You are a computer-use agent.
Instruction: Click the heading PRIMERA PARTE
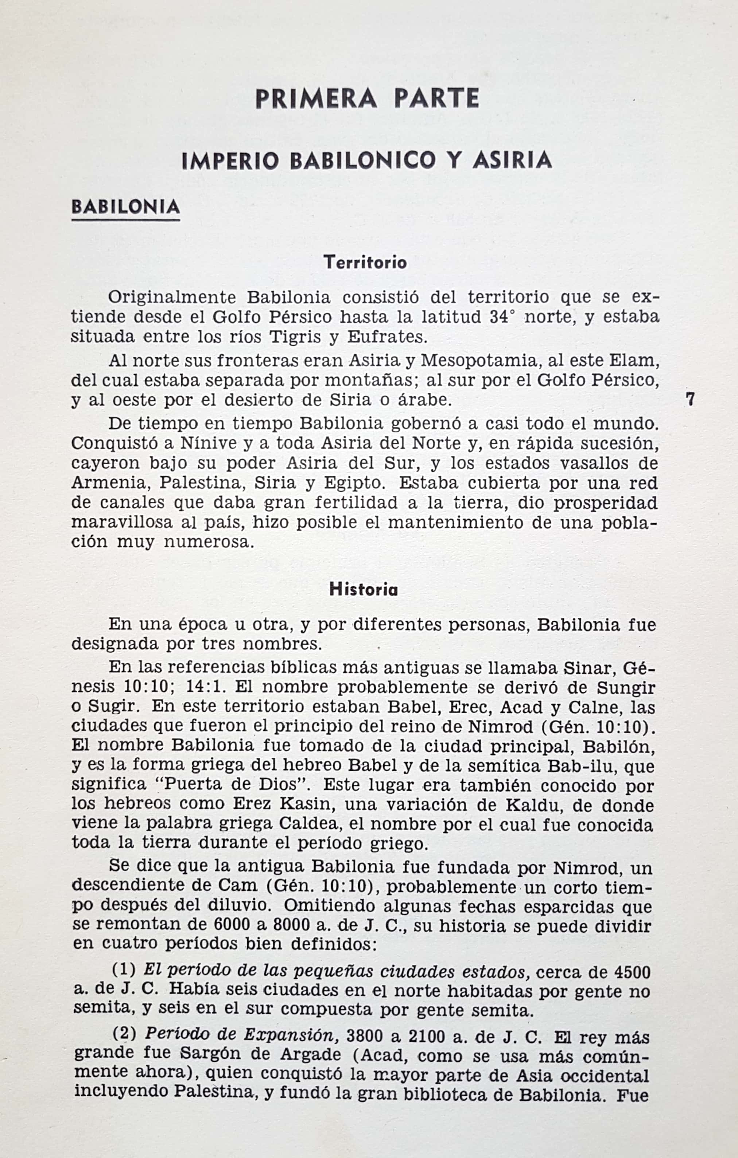(x=367, y=98)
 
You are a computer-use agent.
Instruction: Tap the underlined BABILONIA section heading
(x=125, y=207)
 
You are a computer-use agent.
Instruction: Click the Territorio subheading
(x=365, y=263)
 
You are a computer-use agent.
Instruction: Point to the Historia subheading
(x=364, y=590)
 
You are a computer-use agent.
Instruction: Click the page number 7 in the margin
(x=690, y=400)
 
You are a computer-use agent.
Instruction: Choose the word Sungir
(x=626, y=687)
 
